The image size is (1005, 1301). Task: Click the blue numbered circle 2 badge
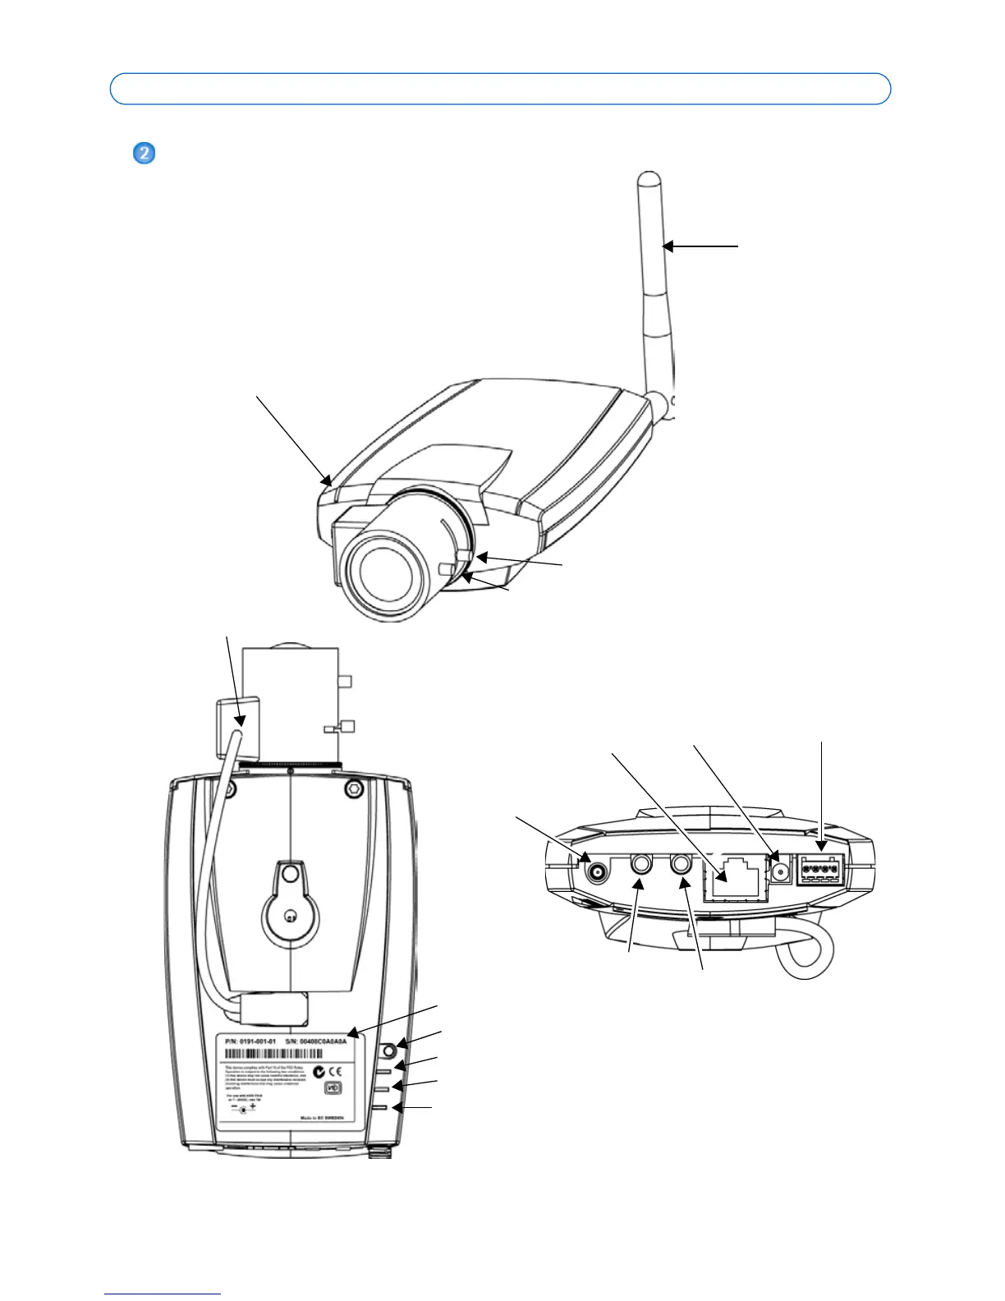tap(144, 154)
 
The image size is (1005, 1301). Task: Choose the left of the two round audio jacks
tap(640, 865)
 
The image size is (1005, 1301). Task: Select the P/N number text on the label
tap(250, 1041)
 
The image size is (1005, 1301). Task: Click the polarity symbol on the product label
tap(242, 1109)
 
